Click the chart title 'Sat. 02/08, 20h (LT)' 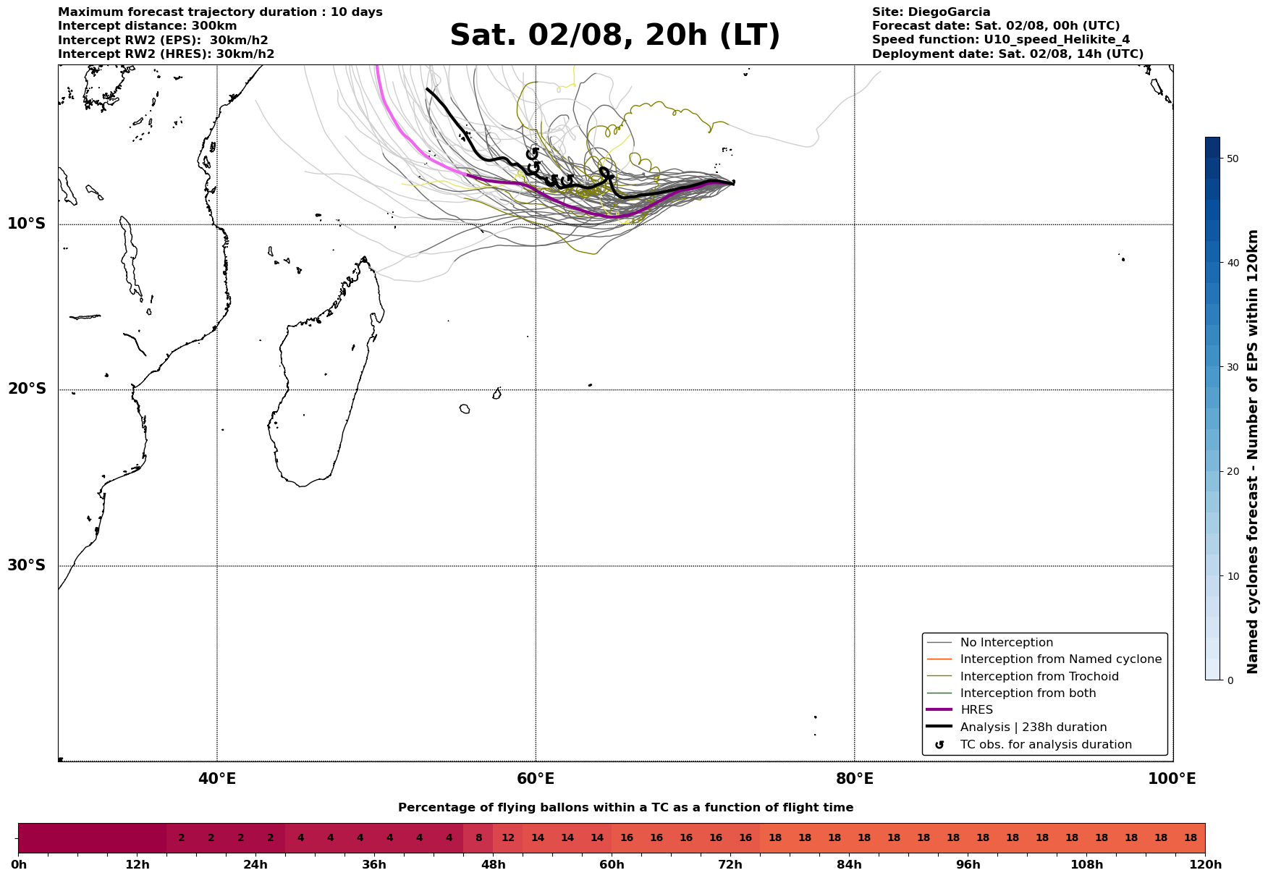point(614,35)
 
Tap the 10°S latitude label point(27,224)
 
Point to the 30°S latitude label point(27,565)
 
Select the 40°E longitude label point(217,779)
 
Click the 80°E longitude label point(854,779)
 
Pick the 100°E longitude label point(1172,779)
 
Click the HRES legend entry point(976,710)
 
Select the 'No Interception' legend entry point(1006,643)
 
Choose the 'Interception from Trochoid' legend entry point(1039,677)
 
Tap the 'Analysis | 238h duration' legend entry point(1033,727)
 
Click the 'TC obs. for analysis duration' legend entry point(1045,745)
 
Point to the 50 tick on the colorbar point(1233,159)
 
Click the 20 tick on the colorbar point(1233,472)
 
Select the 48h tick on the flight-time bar point(493,865)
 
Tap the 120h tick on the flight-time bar point(1204,865)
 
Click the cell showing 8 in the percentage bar point(478,838)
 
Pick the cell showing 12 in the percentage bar point(508,838)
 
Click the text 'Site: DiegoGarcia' point(931,12)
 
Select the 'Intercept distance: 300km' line point(147,26)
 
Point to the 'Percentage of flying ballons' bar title point(625,808)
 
